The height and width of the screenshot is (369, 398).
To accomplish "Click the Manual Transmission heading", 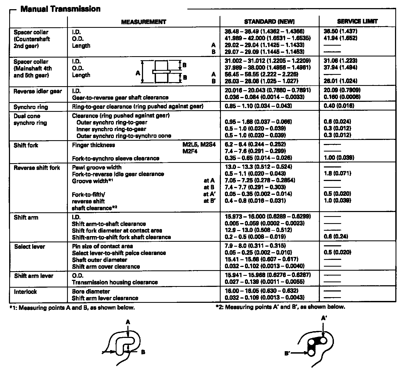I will pos(60,9).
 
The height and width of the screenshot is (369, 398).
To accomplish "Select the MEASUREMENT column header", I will pos(143,22).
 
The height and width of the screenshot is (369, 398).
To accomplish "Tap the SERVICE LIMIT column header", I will pos(357,22).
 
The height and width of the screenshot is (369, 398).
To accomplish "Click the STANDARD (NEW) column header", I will pos(269,22).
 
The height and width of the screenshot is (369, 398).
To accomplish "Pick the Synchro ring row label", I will pos(31,107).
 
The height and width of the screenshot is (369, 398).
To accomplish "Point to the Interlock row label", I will pos(25,292).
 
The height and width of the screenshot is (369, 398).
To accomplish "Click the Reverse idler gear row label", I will pos(38,91).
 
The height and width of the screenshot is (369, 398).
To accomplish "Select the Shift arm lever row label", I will pos(34,276).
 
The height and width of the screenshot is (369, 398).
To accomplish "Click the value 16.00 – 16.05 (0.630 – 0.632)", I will pos(261,291).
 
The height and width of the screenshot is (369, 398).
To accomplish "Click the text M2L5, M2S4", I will pos(199,145).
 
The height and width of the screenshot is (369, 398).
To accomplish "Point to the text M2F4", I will pos(190,151).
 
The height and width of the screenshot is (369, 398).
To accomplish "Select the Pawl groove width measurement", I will pos(97,167).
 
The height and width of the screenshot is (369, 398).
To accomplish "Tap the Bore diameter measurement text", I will pos(91,291).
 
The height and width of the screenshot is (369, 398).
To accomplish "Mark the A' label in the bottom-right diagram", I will pos(324,318).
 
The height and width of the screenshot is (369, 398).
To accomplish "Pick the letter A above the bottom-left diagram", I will pos(128,322).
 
